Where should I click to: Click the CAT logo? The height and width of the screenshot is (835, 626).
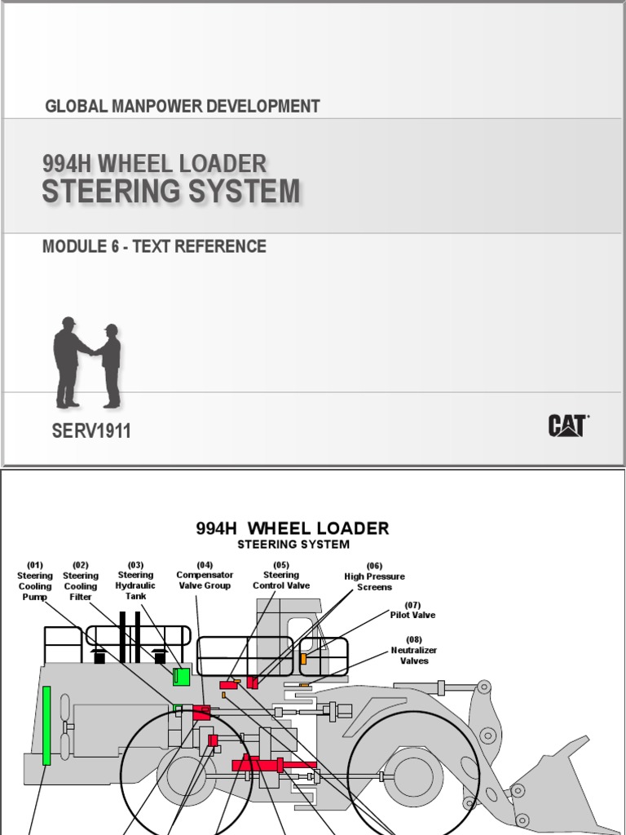tap(568, 426)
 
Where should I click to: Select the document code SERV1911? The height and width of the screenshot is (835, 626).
tap(91, 431)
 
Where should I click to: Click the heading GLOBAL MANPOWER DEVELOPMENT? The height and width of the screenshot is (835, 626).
tap(183, 106)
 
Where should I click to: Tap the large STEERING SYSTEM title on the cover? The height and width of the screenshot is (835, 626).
tap(171, 192)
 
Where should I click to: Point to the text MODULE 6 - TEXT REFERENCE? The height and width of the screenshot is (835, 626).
tap(154, 246)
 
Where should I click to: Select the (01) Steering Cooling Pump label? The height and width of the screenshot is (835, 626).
tap(35, 581)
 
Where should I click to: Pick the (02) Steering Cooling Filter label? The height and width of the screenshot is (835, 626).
tap(81, 581)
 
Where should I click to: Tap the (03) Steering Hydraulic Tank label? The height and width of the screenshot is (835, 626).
tap(135, 581)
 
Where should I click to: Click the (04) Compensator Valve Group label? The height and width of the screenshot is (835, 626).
tap(205, 575)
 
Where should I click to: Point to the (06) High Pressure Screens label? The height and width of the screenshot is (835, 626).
tap(374, 577)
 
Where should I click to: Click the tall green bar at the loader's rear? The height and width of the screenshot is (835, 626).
tap(46, 725)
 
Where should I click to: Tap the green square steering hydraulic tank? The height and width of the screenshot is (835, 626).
tap(181, 675)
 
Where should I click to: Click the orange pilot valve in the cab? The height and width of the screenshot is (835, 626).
tap(303, 659)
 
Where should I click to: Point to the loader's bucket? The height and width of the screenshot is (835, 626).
tap(554, 783)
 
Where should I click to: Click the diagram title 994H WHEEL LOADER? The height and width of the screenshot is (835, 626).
tap(293, 528)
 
